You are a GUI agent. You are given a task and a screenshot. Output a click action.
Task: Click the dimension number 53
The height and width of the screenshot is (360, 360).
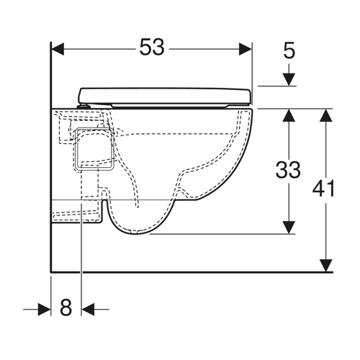tap(152, 48)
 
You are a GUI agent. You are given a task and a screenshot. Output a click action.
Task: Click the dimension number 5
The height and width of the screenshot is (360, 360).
tap(289, 51)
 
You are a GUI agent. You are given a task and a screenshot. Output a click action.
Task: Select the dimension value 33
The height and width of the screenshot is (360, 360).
tap(288, 170)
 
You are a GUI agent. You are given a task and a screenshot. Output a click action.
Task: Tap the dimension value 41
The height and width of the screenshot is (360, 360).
tap(323, 189)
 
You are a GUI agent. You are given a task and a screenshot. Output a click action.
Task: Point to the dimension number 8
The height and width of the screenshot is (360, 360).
tap(66, 307)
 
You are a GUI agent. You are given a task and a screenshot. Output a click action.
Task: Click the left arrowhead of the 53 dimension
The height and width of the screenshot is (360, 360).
tap(58, 49)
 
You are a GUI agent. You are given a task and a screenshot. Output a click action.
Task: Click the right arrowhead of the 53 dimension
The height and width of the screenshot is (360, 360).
tap(246, 49)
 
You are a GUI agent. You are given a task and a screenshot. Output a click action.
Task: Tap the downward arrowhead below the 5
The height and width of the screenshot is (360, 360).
tap(289, 79)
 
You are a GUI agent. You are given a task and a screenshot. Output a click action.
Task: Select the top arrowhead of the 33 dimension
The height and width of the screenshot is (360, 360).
tap(289, 115)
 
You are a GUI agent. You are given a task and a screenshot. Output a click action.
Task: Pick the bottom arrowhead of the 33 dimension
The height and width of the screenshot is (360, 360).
tap(289, 227)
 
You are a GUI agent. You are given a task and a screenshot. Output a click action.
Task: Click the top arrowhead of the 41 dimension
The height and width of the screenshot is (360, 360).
tap(326, 115)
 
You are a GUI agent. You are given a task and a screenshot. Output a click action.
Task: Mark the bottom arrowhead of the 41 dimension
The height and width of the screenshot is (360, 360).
tap(326, 266)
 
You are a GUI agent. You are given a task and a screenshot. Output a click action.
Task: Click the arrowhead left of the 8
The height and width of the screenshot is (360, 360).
tap(45, 310)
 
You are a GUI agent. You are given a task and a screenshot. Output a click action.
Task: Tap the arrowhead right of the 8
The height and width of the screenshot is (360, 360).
tap(88, 310)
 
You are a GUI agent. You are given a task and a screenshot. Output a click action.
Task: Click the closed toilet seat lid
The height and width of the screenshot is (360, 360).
tap(165, 96)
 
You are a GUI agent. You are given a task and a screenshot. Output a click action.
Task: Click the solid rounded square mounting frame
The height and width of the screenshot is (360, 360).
tap(94, 149)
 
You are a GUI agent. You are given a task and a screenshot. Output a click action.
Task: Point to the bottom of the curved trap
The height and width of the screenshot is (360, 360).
tap(135, 233)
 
